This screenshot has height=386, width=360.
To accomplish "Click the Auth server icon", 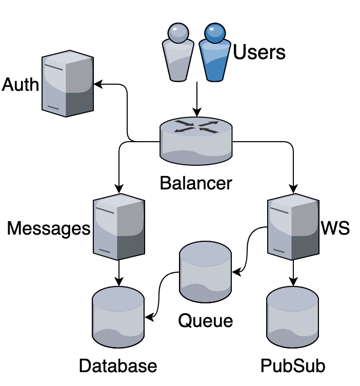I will [68, 83].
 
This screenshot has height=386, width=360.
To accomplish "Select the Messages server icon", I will [118, 227].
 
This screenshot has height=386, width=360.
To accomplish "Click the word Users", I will [259, 52].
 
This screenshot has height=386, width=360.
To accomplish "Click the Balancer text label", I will [196, 183].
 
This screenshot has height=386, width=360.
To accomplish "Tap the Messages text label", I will [49, 228].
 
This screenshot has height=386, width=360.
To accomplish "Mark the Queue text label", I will [205, 321].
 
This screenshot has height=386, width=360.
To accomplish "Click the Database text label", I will [118, 366].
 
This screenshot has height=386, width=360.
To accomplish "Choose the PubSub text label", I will [293, 366].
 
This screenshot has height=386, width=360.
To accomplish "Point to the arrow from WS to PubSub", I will [293, 271].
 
